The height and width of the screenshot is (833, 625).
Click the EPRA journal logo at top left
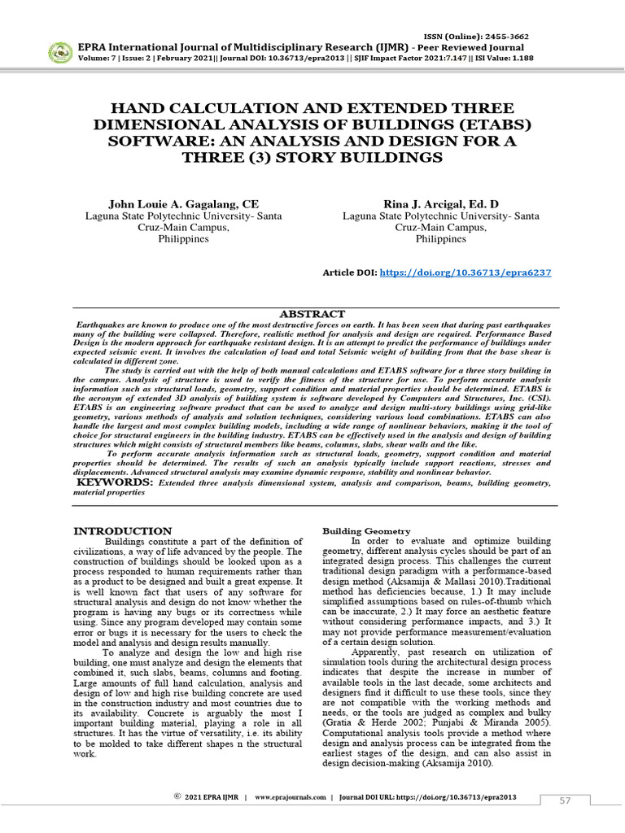click(x=59, y=53)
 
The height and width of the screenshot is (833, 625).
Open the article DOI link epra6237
click(x=465, y=273)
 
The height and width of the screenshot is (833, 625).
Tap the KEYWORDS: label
click(x=115, y=482)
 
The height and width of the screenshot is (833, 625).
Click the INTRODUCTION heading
click(x=123, y=531)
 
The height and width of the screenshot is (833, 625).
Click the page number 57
click(x=565, y=801)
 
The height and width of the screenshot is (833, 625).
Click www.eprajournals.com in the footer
click(x=291, y=798)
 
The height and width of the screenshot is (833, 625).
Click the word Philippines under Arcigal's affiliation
click(x=440, y=240)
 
